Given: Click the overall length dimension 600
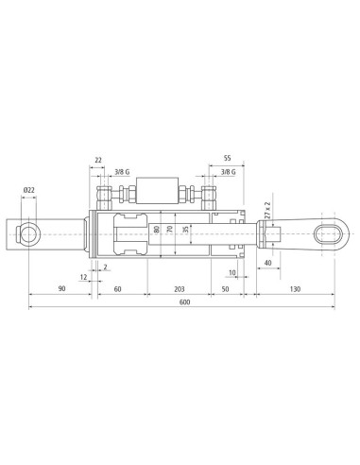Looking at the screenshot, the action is pos(185,302).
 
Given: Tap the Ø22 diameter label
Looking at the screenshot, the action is pos(28,190).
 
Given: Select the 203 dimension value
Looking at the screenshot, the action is pos(180,289).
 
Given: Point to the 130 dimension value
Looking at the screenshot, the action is pos(295,289).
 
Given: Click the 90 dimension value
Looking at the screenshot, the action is pos(62,288).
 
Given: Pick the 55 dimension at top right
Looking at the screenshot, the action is pos(227,158).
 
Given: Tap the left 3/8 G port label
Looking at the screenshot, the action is pos(122,172).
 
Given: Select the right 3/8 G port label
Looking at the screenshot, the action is pos(228,172).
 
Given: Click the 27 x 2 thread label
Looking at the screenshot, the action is pos(267,211).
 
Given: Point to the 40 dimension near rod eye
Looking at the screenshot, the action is pos(267,263).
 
